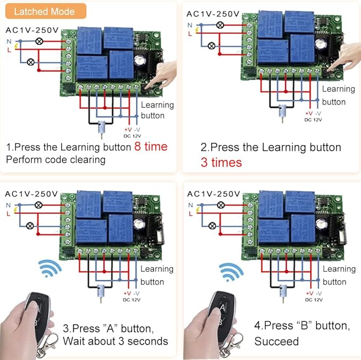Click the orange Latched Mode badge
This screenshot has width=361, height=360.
(x=44, y=11)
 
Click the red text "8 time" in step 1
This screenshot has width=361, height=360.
(x=150, y=146)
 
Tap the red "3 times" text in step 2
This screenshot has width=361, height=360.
(x=221, y=162)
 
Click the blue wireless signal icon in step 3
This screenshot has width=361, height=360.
(x=51, y=269)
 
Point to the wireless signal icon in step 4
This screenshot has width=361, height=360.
(x=232, y=272)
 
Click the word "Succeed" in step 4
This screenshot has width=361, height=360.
(x=276, y=341)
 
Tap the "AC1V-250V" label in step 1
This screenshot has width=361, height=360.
(x=31, y=30)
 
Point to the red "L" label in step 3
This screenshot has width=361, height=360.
(x=8, y=213)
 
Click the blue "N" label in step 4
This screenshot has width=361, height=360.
(x=190, y=204)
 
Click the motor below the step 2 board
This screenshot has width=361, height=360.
(x=281, y=112)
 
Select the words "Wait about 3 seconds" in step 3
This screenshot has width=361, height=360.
(x=115, y=341)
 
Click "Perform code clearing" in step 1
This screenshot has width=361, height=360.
(x=56, y=159)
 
